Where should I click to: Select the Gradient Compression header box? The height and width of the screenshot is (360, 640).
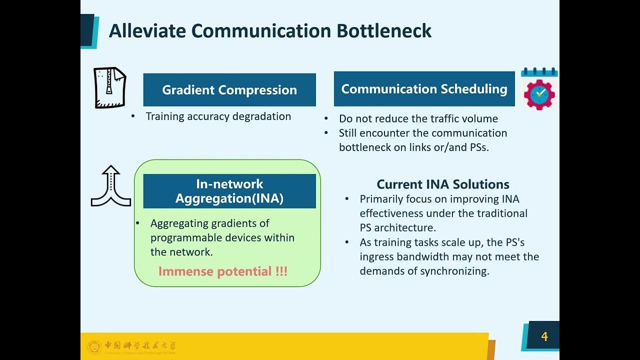click(229, 90)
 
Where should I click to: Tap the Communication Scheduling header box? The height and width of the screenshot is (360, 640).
click(424, 89)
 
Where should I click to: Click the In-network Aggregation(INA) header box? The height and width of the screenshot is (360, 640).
click(229, 191)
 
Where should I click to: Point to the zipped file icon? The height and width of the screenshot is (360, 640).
click(110, 87)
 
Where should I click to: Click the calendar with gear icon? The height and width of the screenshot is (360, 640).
click(539, 88)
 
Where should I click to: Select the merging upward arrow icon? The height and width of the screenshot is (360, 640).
click(111, 186)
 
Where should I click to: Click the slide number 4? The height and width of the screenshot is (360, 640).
click(544, 336)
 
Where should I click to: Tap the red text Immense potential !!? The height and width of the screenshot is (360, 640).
click(223, 271)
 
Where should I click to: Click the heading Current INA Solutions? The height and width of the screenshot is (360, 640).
click(443, 184)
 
